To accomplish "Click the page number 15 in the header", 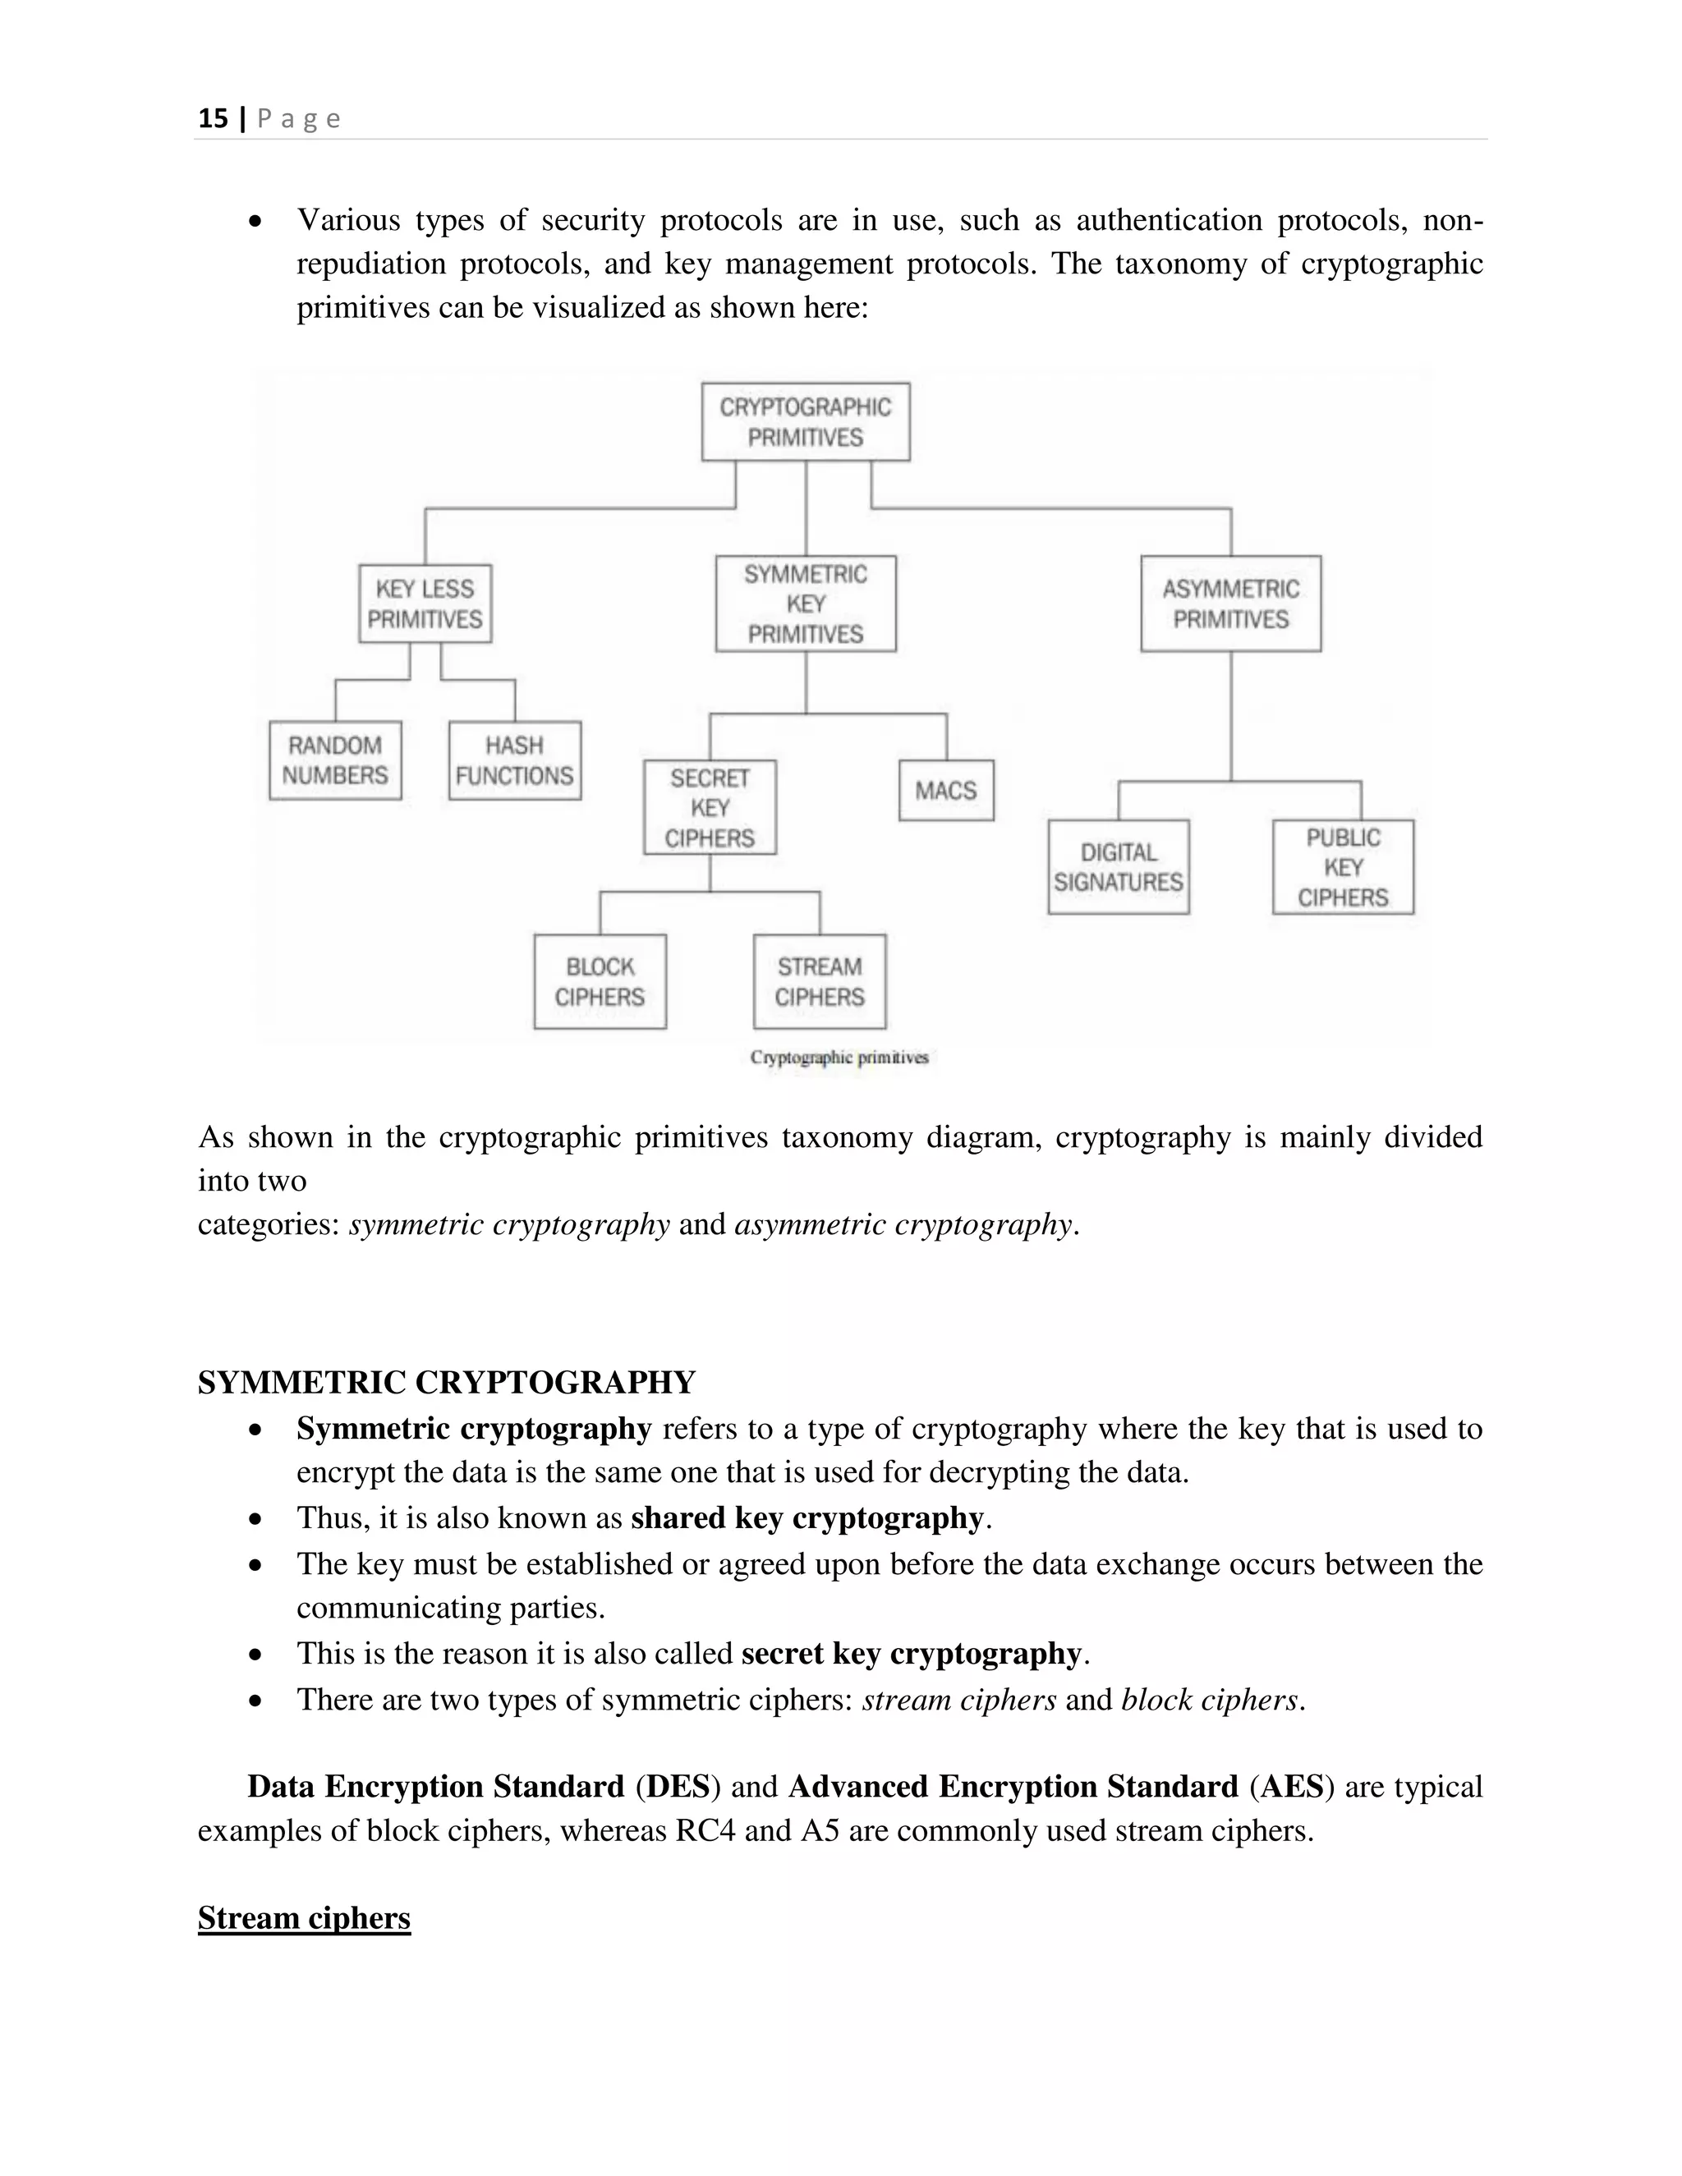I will tap(212, 118).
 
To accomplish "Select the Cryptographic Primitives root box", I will tap(805, 421).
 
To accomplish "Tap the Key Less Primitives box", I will tap(425, 604).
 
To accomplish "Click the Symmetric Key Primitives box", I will tap(805, 604).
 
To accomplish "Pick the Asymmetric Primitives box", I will tap(1230, 604).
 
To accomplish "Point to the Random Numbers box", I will tap(335, 760).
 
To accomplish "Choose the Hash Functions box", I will tap(514, 760).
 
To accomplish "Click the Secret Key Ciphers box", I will tap(710, 807).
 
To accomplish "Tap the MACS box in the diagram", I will tap(945, 790).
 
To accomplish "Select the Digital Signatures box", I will tap(1118, 867).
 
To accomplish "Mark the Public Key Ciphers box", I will tap(1342, 867).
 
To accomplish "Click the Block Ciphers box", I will tap(600, 981).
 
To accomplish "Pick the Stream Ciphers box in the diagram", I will tap(819, 981).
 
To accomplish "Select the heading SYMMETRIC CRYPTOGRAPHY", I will tap(447, 1382).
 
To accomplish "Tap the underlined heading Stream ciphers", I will tap(304, 1918).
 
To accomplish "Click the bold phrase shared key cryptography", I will tap(807, 1517).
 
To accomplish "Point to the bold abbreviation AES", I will tap(1291, 1787).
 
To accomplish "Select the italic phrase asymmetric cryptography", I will tap(903, 1223).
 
